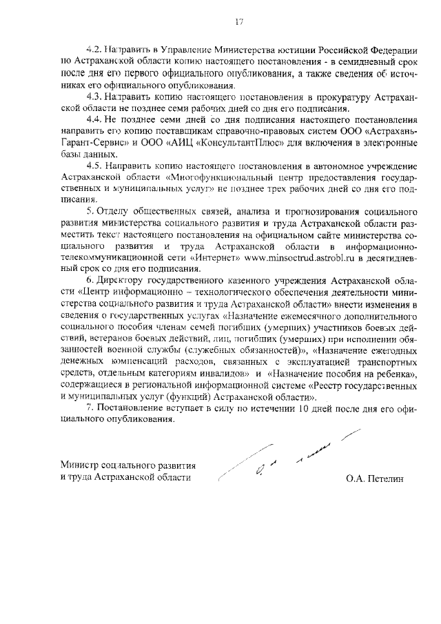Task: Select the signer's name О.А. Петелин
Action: tap(378, 477)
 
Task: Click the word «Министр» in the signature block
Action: tap(80, 465)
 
